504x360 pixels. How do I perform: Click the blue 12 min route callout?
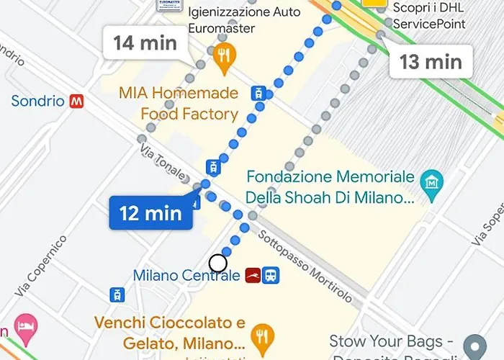pyautogui.click(x=150, y=213)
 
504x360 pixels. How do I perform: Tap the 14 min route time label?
pyautogui.click(x=145, y=42)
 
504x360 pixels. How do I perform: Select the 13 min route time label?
pyautogui.click(x=431, y=61)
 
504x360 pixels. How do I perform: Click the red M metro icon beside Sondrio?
pyautogui.click(x=77, y=102)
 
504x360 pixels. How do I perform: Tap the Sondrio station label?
pyautogui.click(x=38, y=102)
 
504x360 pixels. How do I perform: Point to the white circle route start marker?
pyautogui.click(x=218, y=263)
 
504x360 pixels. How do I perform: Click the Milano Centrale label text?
pyautogui.click(x=186, y=276)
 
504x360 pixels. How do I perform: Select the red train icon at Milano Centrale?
pyautogui.click(x=253, y=276)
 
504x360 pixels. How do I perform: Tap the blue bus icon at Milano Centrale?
pyautogui.click(x=271, y=276)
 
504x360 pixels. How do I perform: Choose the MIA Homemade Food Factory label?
pyautogui.click(x=179, y=104)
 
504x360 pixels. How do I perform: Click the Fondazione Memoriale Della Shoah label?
pyautogui.click(x=330, y=186)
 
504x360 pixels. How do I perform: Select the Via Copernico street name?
pyautogui.click(x=42, y=264)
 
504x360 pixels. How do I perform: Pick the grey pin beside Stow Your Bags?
pyautogui.click(x=474, y=344)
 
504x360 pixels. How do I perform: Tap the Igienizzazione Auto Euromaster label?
pyautogui.click(x=233, y=20)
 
